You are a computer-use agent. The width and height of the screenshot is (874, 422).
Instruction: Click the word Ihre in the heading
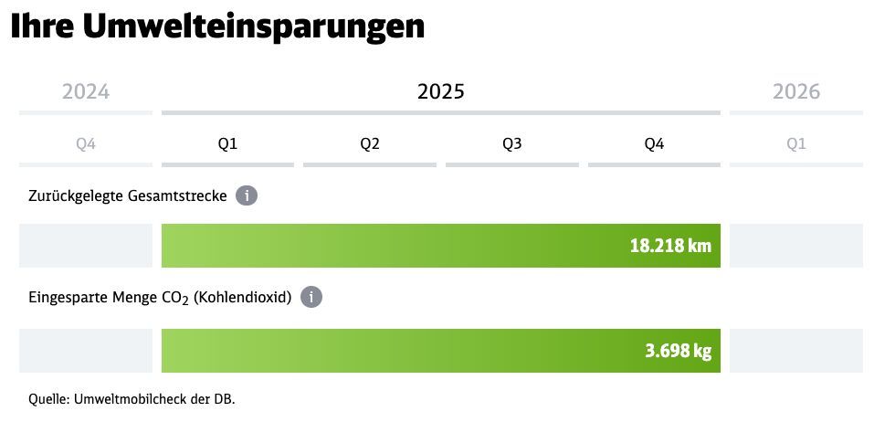[41, 26]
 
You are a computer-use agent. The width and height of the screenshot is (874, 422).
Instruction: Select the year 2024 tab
[86, 91]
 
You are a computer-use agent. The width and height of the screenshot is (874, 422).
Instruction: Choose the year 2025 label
[440, 91]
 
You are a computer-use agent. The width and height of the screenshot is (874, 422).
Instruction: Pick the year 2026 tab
[796, 91]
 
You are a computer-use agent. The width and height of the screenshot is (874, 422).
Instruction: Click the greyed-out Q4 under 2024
[86, 143]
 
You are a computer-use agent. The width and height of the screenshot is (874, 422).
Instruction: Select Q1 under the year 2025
[227, 143]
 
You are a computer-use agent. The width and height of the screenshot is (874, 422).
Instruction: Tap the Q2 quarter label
[370, 143]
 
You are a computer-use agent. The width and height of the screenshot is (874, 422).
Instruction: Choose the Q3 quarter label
[512, 143]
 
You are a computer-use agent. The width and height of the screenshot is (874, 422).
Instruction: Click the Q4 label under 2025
[654, 143]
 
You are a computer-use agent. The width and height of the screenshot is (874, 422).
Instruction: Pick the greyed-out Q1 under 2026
[796, 143]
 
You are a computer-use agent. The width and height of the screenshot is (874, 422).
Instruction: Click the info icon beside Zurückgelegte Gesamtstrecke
[246, 195]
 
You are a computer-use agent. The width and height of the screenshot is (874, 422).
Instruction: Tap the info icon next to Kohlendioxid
[311, 298]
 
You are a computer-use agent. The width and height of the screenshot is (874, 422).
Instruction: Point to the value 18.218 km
[669, 246]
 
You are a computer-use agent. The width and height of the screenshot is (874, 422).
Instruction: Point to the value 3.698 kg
[676, 351]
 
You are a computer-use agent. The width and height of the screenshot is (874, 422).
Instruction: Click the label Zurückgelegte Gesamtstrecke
[128, 195]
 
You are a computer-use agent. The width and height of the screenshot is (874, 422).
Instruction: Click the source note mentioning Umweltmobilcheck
[133, 399]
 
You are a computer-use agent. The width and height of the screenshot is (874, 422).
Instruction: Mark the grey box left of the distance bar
[86, 246]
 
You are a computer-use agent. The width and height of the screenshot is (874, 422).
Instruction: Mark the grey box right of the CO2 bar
[796, 351]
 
